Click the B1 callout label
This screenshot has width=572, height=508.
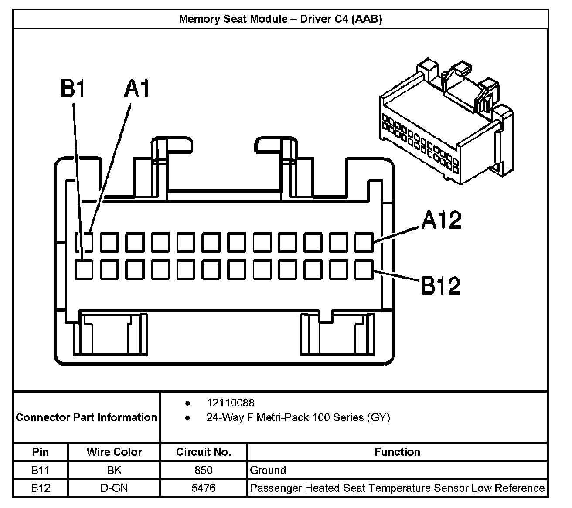(72, 88)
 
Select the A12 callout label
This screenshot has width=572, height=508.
(441, 220)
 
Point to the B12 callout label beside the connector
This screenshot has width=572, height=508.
(441, 285)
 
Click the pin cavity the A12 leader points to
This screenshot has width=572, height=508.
(364, 242)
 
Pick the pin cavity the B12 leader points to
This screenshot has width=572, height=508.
(364, 270)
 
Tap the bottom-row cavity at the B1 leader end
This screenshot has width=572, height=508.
(84, 270)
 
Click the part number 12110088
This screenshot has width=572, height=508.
(231, 403)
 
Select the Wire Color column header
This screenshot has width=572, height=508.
(114, 452)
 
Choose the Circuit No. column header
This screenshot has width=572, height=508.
(204, 452)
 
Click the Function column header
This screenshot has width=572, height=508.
(397, 452)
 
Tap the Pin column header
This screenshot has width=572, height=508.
(41, 452)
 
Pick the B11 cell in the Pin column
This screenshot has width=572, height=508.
(41, 470)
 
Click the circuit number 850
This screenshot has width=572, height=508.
(203, 470)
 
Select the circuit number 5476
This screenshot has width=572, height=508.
(203, 488)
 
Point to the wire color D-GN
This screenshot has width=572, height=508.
(114, 488)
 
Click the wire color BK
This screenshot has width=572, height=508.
(114, 470)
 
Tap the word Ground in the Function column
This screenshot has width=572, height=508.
(268, 470)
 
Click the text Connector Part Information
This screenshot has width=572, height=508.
(86, 417)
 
